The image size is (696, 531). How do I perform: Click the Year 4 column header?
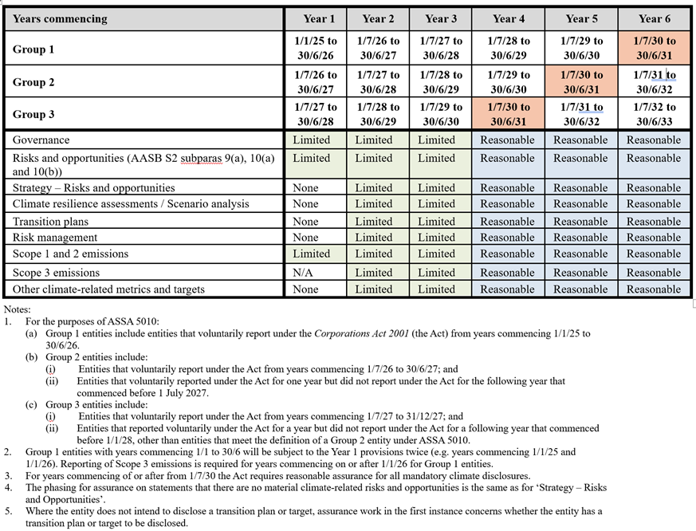pyautogui.click(x=508, y=18)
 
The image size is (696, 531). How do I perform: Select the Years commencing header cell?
pyautogui.click(x=60, y=18)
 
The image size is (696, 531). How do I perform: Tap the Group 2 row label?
pyautogui.click(x=33, y=82)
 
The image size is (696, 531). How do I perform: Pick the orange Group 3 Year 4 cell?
pyautogui.click(x=508, y=114)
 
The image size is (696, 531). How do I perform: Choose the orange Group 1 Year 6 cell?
pyautogui.click(x=654, y=48)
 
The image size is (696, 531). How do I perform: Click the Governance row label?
pyautogui.click(x=41, y=140)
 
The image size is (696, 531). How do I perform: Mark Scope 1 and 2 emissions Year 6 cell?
pyautogui.click(x=654, y=254)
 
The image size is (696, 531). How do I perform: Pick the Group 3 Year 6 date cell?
pyautogui.click(x=654, y=114)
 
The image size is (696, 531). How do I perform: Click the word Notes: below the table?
pyautogui.click(x=18, y=308)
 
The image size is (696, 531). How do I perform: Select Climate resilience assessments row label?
pyautogui.click(x=131, y=204)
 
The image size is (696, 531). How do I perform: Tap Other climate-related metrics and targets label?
pyautogui.click(x=108, y=289)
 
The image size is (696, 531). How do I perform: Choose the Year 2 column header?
pyautogui.click(x=378, y=18)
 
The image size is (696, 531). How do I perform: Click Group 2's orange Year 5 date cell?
pyautogui.click(x=581, y=82)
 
